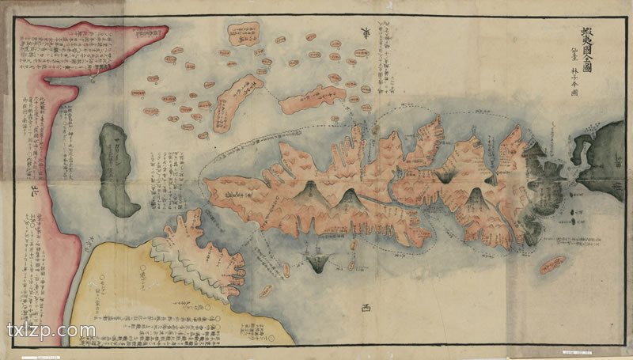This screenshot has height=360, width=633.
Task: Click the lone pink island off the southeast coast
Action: coord(556,266)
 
